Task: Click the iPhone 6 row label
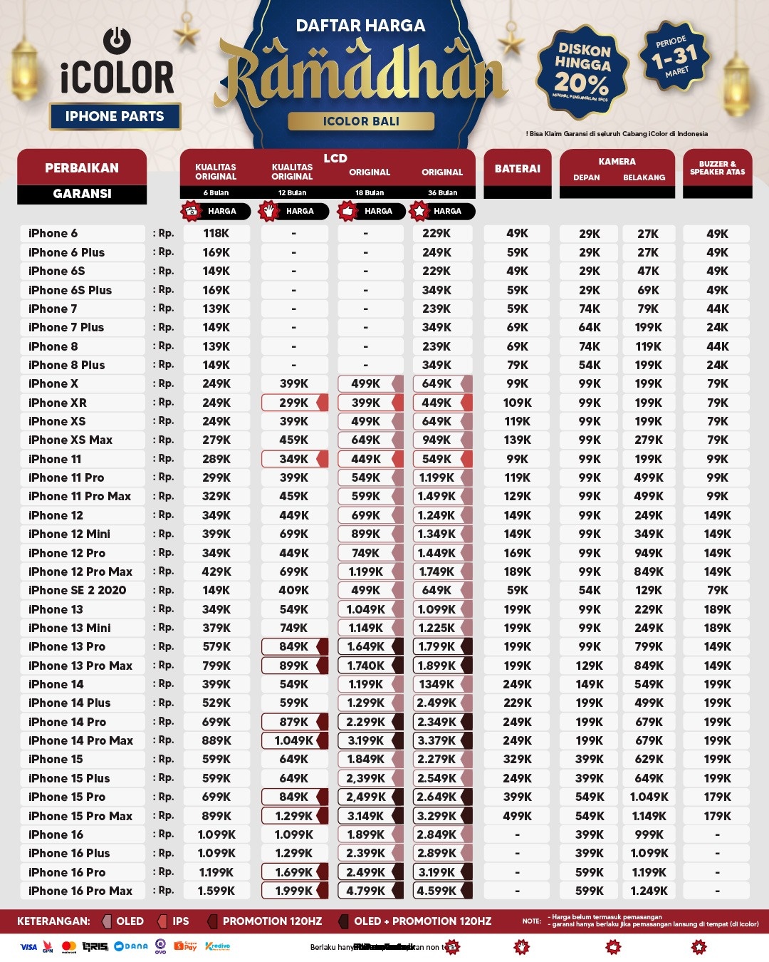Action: (53, 234)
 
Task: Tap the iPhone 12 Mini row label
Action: (69, 534)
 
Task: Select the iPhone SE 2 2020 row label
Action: (77, 591)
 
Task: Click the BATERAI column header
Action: (518, 169)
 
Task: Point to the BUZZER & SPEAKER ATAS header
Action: (717, 168)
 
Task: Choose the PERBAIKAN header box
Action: (82, 168)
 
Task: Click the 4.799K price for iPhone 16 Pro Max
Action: (366, 891)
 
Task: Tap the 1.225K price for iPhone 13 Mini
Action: (436, 628)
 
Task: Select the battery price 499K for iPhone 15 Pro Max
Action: (518, 816)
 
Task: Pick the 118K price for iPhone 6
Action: (216, 234)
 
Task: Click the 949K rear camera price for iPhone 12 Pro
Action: (649, 553)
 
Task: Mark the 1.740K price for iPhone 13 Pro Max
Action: (366, 666)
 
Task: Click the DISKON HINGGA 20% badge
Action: (582, 70)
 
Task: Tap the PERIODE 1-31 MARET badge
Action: (674, 57)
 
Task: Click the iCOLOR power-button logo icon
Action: (117, 41)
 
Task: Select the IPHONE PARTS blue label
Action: (115, 117)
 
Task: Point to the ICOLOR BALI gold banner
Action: (361, 121)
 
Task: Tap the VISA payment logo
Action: (28, 947)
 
